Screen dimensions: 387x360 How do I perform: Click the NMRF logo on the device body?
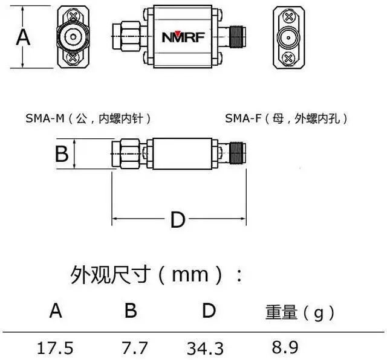(183, 36)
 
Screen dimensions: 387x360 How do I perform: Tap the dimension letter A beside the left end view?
(23, 37)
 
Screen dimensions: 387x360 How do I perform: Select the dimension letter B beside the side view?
(62, 153)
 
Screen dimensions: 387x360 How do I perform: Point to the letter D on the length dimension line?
(178, 219)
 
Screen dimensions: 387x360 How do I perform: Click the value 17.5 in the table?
(55, 348)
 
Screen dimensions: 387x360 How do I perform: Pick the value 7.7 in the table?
(134, 348)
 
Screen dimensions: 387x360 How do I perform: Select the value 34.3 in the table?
(205, 348)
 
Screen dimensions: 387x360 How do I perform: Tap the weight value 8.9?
(285, 347)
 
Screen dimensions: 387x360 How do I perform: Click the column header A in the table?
(56, 310)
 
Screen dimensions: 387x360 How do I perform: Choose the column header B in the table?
(131, 310)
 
